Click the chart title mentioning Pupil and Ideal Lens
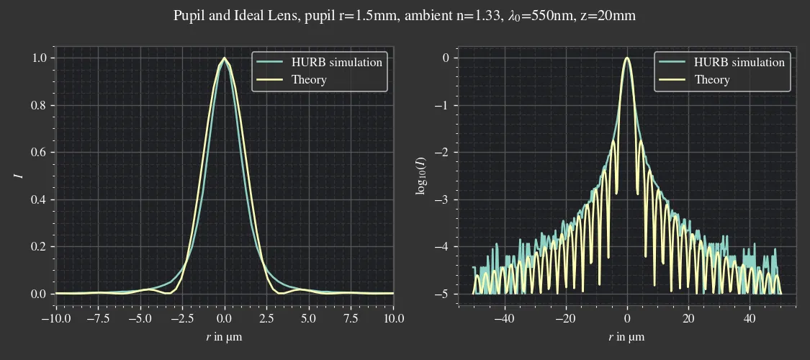tap(405, 15)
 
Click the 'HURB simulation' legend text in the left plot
tap(336, 62)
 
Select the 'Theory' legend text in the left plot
tap(309, 80)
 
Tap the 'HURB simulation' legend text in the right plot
tap(739, 62)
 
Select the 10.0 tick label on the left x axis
tap(393, 318)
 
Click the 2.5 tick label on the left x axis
tap(266, 318)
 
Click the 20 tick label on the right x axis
tap(688, 318)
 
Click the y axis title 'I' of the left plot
tap(20, 175)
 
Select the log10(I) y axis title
tap(422, 175)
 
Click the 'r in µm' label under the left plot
tap(224, 337)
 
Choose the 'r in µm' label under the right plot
tap(626, 337)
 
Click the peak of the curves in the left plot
tap(225, 58)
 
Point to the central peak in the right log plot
tap(627, 58)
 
